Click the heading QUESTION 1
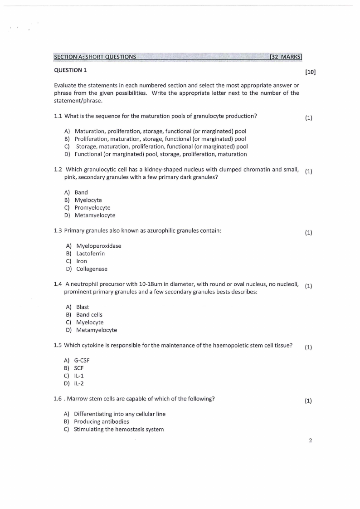pyautogui.click(x=70, y=70)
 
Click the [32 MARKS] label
pyautogui.click(x=285, y=57)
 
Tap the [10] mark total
pyautogui.click(x=310, y=72)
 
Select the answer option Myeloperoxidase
pyautogui.click(x=98, y=246)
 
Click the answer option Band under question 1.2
pyautogui.click(x=81, y=192)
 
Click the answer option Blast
pyautogui.click(x=83, y=307)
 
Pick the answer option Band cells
pyautogui.click(x=89, y=315)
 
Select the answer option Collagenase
pyautogui.click(x=92, y=269)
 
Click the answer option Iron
pyautogui.click(x=82, y=261)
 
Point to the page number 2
pyautogui.click(x=310, y=440)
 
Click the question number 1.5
pyautogui.click(x=58, y=345)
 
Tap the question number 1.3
pyautogui.click(x=58, y=231)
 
